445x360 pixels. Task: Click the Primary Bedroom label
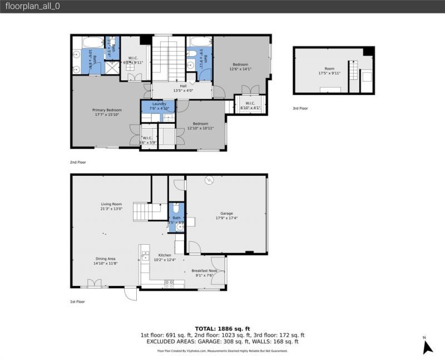pyautogui.click(x=107, y=112)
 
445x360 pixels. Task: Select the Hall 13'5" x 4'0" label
pyautogui.click(x=183, y=88)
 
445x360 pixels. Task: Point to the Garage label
pyautogui.click(x=226, y=216)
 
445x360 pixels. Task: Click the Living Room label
pyautogui.click(x=111, y=206)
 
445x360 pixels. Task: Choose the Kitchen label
pyautogui.click(x=165, y=257)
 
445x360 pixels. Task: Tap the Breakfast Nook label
pyautogui.click(x=204, y=273)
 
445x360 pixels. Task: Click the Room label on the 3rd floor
pyautogui.click(x=329, y=70)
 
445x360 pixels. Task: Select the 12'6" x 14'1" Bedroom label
pyautogui.click(x=241, y=67)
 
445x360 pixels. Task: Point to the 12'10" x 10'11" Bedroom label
pyautogui.click(x=200, y=126)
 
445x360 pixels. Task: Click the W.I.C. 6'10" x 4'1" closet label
pyautogui.click(x=250, y=105)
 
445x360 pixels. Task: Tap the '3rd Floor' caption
pyautogui.click(x=300, y=109)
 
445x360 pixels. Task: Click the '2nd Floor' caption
pyautogui.click(x=78, y=162)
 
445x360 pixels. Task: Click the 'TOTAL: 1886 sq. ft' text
pyautogui.click(x=222, y=328)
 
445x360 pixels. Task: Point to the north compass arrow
pyautogui.click(x=427, y=347)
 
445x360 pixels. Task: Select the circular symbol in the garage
pyautogui.click(x=210, y=180)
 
